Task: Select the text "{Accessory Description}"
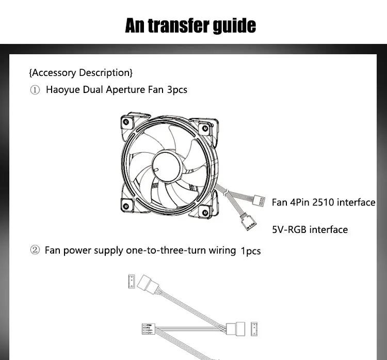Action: [81, 72]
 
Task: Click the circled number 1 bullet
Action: [35, 90]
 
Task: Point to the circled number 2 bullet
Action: [35, 251]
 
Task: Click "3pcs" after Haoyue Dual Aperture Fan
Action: [177, 90]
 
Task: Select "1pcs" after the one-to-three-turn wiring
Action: [251, 252]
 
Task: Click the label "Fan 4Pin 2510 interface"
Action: [324, 202]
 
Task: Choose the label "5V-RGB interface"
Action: [310, 229]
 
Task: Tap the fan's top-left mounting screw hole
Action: [125, 122]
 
